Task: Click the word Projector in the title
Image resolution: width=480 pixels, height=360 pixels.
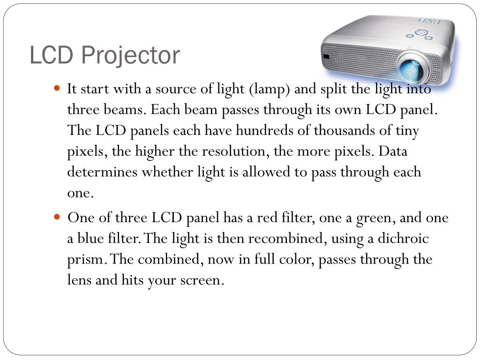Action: pos(130,56)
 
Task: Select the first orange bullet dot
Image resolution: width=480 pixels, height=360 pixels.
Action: pos(58,88)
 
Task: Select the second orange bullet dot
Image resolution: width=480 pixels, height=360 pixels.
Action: pos(58,217)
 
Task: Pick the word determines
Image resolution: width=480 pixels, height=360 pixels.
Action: pos(103,172)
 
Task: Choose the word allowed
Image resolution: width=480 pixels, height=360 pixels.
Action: pos(266,172)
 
